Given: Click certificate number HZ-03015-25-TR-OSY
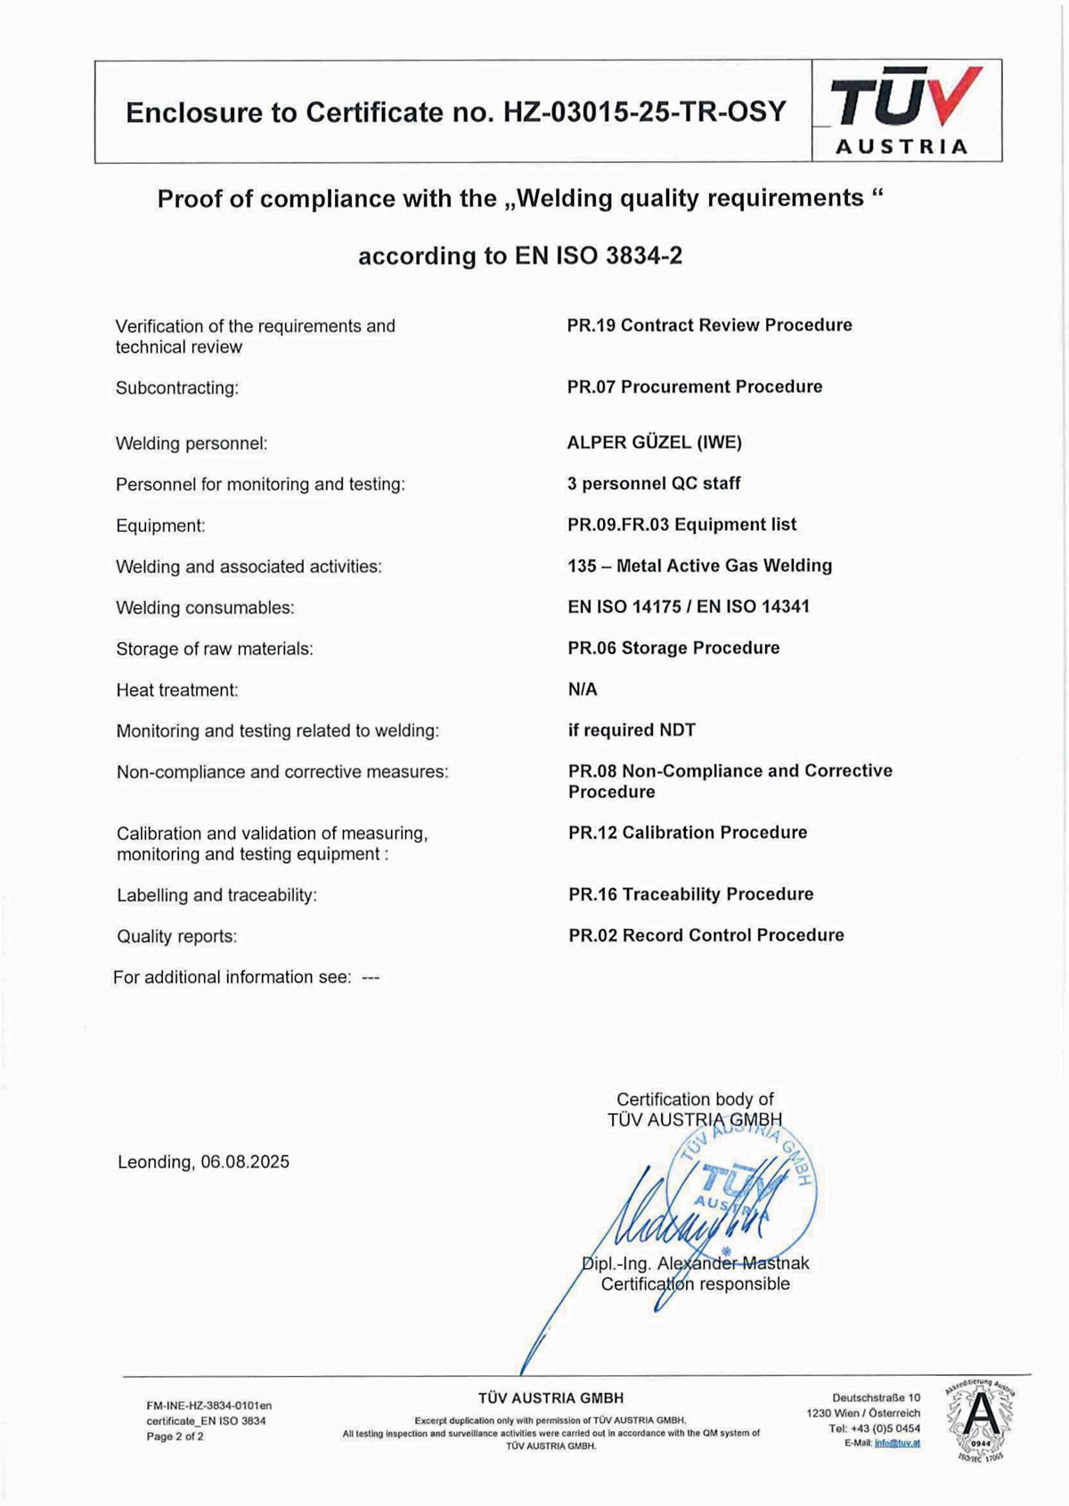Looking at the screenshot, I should tap(645, 112).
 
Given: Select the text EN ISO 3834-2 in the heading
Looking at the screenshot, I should tap(599, 256).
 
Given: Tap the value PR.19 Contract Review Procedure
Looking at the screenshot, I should tap(709, 325).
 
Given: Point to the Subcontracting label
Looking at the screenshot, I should tap(177, 388).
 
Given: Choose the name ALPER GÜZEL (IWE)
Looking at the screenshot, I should tap(654, 443).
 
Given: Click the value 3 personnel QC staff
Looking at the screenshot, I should tap(654, 484).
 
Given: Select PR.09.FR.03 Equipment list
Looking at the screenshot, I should tap(681, 525).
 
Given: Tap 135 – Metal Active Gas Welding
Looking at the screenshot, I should tap(699, 566).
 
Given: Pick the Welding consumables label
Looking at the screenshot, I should tap(205, 607).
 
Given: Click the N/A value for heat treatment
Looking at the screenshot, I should tap(583, 689).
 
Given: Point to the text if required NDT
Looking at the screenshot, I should tap(632, 730).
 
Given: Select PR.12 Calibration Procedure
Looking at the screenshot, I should tap(688, 833).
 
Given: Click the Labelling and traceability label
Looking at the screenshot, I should tap(216, 895).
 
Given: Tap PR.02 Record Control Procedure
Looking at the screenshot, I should tap(706, 935).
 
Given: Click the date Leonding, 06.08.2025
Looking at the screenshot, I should tap(203, 1162).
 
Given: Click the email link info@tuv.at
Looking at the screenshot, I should tap(897, 1443).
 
